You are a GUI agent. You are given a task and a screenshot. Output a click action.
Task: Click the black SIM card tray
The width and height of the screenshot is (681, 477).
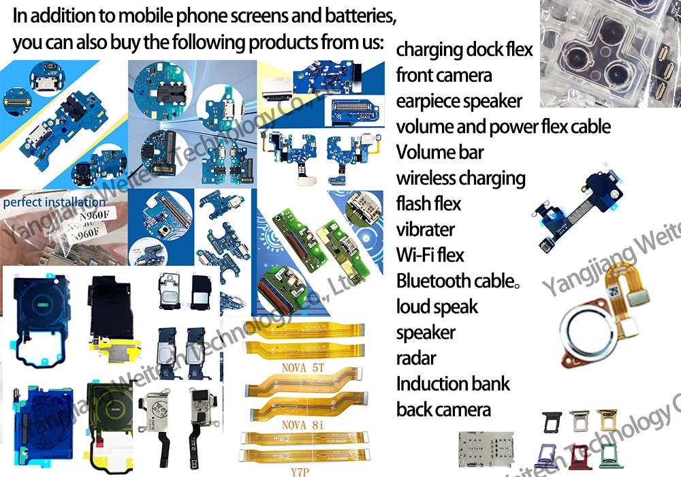pyautogui.click(x=552, y=422)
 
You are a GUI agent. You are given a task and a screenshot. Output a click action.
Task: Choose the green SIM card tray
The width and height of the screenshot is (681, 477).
pyautogui.click(x=611, y=456)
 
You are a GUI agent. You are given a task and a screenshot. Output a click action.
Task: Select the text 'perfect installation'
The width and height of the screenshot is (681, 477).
pyautogui.click(x=54, y=202)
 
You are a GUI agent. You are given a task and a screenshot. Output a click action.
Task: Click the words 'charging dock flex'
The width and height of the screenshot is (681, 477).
pyautogui.click(x=464, y=50)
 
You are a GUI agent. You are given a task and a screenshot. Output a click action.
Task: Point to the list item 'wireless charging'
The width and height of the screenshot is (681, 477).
pyautogui.click(x=461, y=179)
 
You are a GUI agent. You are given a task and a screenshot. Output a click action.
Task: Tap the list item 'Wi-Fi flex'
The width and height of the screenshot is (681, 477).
pyautogui.click(x=430, y=256)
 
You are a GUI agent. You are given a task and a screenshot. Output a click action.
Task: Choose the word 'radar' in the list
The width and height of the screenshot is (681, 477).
pyautogui.click(x=416, y=358)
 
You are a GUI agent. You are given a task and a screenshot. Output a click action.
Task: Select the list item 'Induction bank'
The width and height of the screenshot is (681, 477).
pyautogui.click(x=453, y=384)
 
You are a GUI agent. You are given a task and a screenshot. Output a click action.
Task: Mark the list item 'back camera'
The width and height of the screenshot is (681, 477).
pyautogui.click(x=443, y=410)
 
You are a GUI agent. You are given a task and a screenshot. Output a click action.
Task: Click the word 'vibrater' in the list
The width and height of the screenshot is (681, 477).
pyautogui.click(x=426, y=230)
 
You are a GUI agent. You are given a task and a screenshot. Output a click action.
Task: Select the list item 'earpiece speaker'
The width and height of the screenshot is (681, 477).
pyautogui.click(x=459, y=102)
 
